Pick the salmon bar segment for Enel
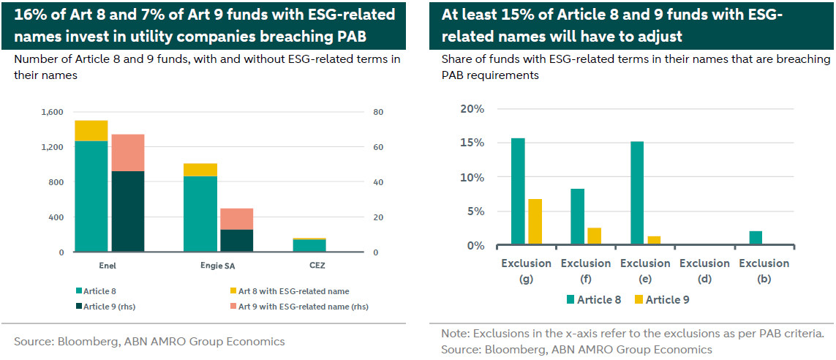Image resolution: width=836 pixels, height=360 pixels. [x=128, y=152]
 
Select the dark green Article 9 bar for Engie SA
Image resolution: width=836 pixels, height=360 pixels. [x=237, y=241]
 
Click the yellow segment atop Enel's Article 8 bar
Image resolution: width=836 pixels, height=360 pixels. [x=91, y=130]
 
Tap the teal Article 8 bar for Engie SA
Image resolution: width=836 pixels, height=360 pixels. [x=200, y=214]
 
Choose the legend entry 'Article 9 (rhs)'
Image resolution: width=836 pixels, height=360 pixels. [x=110, y=306]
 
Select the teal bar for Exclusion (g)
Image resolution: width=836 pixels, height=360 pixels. [x=518, y=192]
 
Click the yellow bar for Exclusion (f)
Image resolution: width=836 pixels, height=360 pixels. [x=594, y=236]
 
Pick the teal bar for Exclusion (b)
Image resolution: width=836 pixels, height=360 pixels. [x=756, y=239]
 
